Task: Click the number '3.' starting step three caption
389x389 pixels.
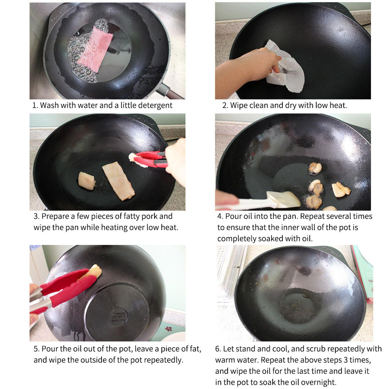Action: (36, 216)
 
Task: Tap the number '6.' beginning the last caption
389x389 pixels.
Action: (218, 349)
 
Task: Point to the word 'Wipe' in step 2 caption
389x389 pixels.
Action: (239, 106)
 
